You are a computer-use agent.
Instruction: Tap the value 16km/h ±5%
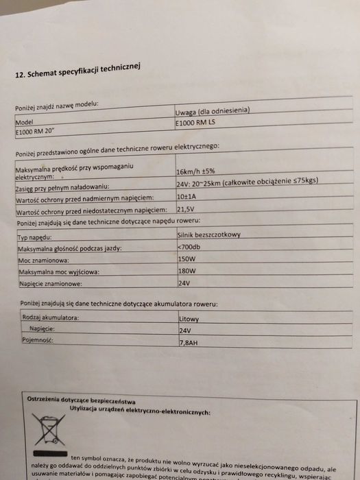pyautogui.click(x=200, y=171)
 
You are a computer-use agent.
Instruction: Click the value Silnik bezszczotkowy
pyautogui.click(x=209, y=235)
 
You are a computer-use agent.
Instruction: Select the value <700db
pyautogui.click(x=189, y=247)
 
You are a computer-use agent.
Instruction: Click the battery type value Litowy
pyautogui.click(x=189, y=319)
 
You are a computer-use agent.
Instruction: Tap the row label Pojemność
pyautogui.click(x=37, y=339)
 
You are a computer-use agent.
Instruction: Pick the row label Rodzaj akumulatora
pyautogui.click(x=50, y=317)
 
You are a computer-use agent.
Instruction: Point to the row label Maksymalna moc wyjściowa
pyautogui.click(x=60, y=272)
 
